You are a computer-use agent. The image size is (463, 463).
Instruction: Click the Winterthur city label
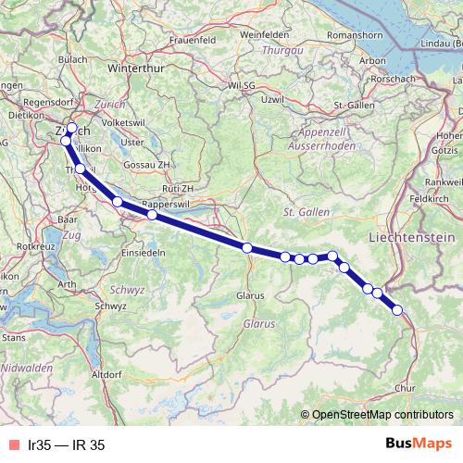click(135, 69)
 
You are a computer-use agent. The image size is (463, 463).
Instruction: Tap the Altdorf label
click(107, 373)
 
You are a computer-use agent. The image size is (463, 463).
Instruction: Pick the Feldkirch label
click(431, 198)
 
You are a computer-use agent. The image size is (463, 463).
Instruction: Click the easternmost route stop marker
click(398, 310)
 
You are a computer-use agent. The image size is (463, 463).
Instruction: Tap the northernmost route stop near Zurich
click(72, 128)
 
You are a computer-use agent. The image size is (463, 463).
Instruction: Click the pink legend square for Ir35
click(11, 444)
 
